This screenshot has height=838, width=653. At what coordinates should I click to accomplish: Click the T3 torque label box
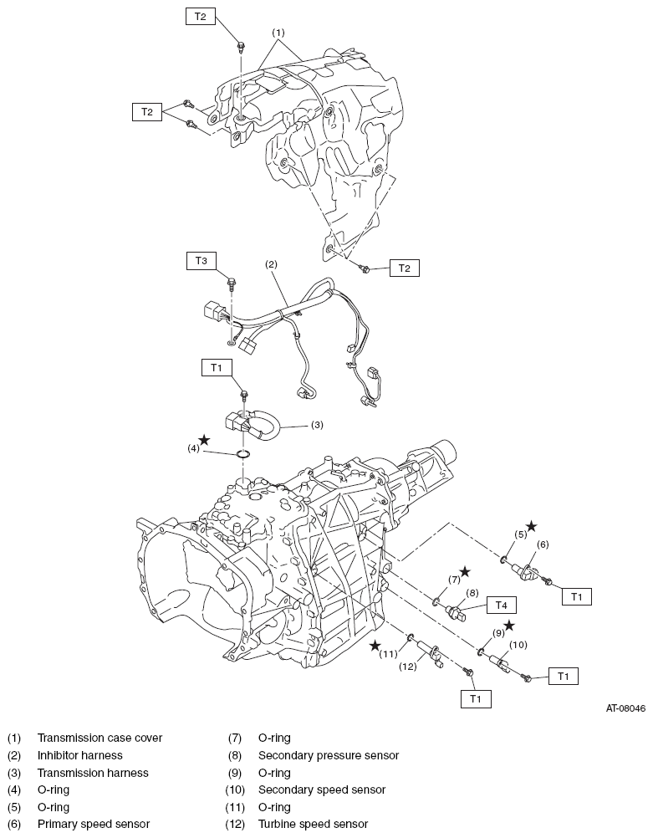(x=201, y=261)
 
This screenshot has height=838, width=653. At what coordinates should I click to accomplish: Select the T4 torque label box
(x=501, y=605)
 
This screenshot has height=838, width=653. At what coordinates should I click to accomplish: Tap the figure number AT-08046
(x=625, y=708)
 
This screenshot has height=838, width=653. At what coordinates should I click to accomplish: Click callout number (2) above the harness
(x=272, y=264)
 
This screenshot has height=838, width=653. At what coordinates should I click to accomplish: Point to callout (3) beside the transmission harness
(x=318, y=425)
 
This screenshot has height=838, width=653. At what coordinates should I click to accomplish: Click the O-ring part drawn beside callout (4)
(x=243, y=454)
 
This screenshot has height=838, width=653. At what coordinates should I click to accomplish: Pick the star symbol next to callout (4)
(x=205, y=440)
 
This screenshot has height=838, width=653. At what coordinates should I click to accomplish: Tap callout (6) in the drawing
(x=543, y=544)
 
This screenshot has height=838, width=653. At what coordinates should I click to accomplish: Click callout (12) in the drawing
(x=408, y=667)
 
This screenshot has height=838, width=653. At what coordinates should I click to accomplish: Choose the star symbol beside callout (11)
(x=377, y=645)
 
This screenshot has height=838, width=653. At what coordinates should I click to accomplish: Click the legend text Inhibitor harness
(x=80, y=755)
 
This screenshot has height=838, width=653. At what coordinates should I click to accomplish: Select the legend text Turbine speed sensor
(x=314, y=824)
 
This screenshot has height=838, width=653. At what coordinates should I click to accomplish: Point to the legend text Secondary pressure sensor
(x=329, y=755)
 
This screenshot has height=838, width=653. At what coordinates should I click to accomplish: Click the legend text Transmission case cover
(x=100, y=738)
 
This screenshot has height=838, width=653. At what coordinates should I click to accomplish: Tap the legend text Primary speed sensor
(x=94, y=824)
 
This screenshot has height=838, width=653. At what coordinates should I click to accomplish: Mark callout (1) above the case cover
(x=278, y=33)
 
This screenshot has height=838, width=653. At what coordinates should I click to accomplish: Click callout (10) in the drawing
(x=518, y=645)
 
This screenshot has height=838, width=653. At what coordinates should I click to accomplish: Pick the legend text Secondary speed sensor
(x=322, y=789)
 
